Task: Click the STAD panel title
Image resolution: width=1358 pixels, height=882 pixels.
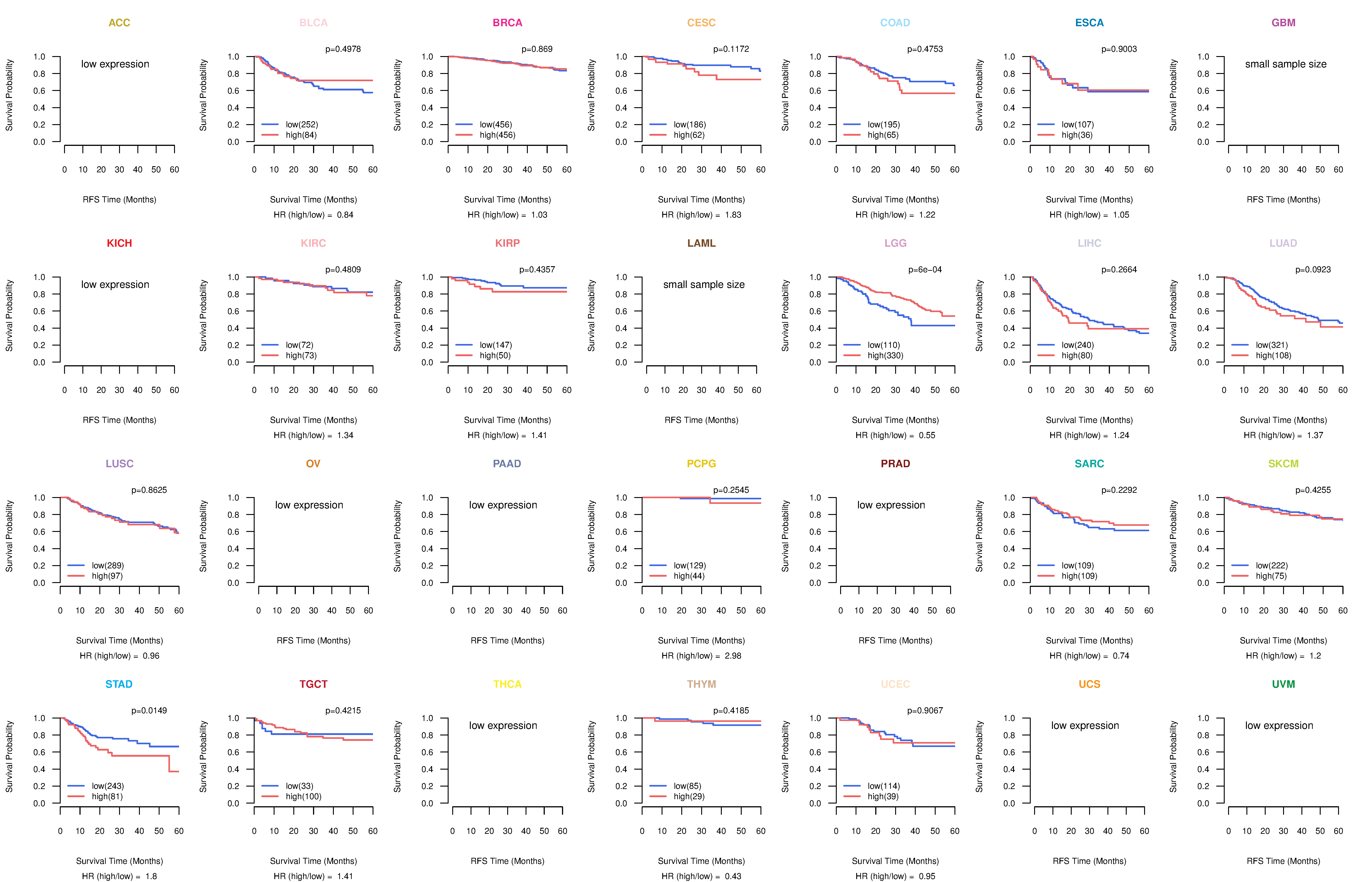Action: (x=119, y=684)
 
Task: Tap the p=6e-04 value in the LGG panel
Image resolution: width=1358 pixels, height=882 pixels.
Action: (x=925, y=270)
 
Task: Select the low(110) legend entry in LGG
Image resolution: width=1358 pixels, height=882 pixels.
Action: (x=883, y=345)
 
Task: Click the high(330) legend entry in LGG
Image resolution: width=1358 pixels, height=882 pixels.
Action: (x=885, y=355)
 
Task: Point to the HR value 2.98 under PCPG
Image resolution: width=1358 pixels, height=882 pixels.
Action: (x=733, y=656)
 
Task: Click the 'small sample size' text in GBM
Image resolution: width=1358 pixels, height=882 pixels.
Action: (x=1286, y=64)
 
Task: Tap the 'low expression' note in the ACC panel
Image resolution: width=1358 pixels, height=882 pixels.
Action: (x=115, y=64)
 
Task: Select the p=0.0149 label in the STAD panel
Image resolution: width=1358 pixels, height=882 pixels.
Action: (x=149, y=710)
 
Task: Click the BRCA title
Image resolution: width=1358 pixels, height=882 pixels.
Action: (x=507, y=23)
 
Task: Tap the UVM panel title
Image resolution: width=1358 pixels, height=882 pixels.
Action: (x=1283, y=684)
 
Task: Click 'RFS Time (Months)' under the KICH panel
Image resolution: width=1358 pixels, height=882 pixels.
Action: (x=119, y=420)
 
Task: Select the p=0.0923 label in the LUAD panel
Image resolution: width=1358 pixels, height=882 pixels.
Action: (x=1313, y=270)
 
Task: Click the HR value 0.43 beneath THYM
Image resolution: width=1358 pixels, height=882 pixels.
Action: (x=733, y=876)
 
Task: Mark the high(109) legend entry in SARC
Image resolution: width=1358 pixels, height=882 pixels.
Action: (x=1079, y=576)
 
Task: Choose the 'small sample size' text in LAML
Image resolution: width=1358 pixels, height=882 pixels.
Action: (x=703, y=285)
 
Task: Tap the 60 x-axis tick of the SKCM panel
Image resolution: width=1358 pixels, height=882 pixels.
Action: (x=1343, y=611)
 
